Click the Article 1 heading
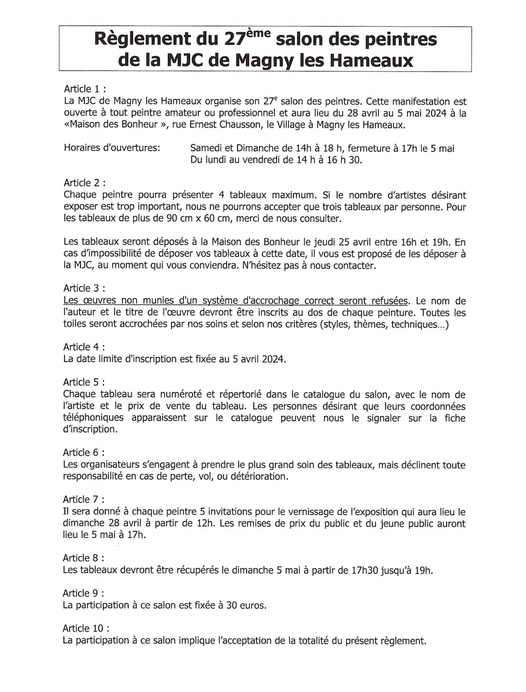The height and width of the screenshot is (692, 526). tap(85, 89)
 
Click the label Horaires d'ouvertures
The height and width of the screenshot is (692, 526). tap(112, 148)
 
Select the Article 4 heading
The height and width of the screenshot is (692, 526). tap(83, 347)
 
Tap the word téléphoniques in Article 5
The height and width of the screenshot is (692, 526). tap(93, 418)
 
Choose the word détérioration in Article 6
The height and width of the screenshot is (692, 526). tap(258, 476)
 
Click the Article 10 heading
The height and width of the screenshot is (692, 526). tap(86, 629)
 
